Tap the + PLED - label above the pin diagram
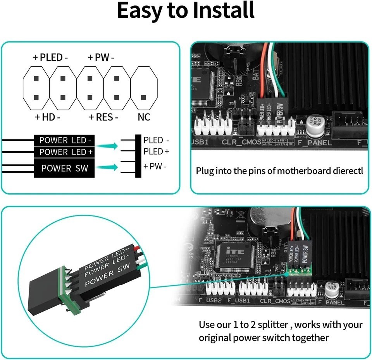[x=50, y=58]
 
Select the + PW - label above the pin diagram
[x=101, y=58]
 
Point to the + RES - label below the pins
[x=103, y=117]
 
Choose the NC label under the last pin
[x=144, y=117]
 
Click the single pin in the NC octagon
[x=143, y=97]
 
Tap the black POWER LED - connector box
[x=64, y=140]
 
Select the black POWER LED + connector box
[x=64, y=152]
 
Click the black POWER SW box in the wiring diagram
[x=64, y=168]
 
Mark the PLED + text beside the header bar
[x=156, y=151]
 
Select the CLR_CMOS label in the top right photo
[x=241, y=142]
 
